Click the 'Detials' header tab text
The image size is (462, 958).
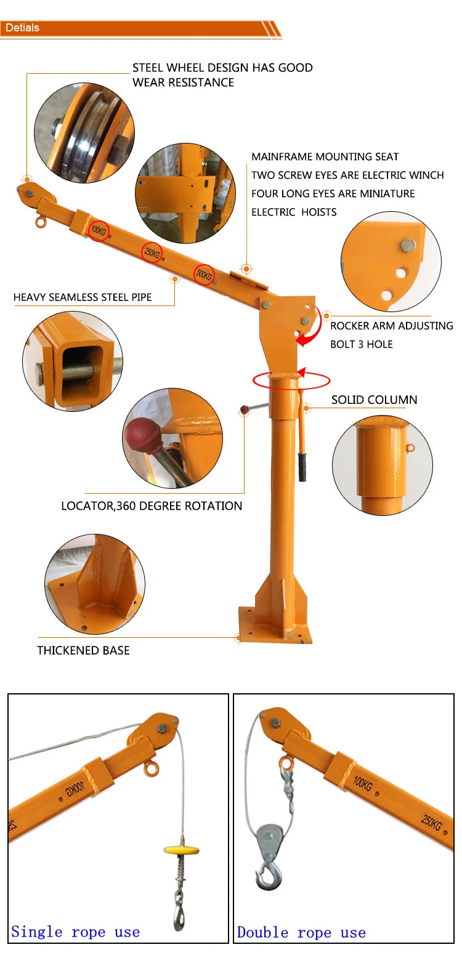click(22, 28)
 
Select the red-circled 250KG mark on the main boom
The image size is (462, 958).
click(152, 252)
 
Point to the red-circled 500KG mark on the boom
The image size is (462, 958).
click(204, 275)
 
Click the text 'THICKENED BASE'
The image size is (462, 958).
click(83, 650)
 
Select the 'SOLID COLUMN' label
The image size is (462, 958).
click(374, 400)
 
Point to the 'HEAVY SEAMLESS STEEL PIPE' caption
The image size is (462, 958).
click(83, 297)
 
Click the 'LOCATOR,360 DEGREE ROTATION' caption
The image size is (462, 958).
click(152, 506)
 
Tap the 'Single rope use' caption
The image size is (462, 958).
click(75, 932)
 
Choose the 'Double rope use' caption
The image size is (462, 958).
click(301, 933)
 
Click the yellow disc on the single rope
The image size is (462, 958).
click(182, 850)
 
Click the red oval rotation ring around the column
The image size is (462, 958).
click(290, 381)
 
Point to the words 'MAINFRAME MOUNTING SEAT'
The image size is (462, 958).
click(325, 157)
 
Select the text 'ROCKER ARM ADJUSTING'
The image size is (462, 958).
click(391, 326)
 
